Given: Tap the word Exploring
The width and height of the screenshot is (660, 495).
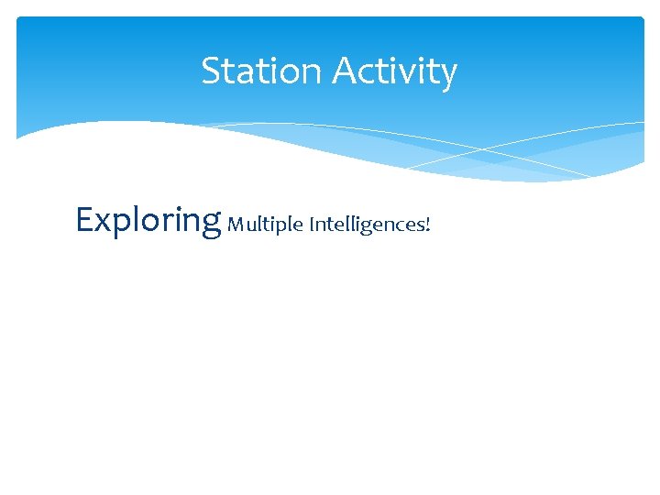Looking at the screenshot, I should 148,221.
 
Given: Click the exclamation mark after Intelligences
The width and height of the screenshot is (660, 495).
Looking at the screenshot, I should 427,224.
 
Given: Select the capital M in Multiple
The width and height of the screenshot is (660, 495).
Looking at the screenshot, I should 235,224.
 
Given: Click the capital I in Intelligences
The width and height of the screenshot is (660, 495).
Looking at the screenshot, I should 312,224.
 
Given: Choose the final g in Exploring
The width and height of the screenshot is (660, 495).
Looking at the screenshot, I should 211,225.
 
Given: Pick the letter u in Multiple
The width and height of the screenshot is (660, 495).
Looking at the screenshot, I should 248,225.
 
